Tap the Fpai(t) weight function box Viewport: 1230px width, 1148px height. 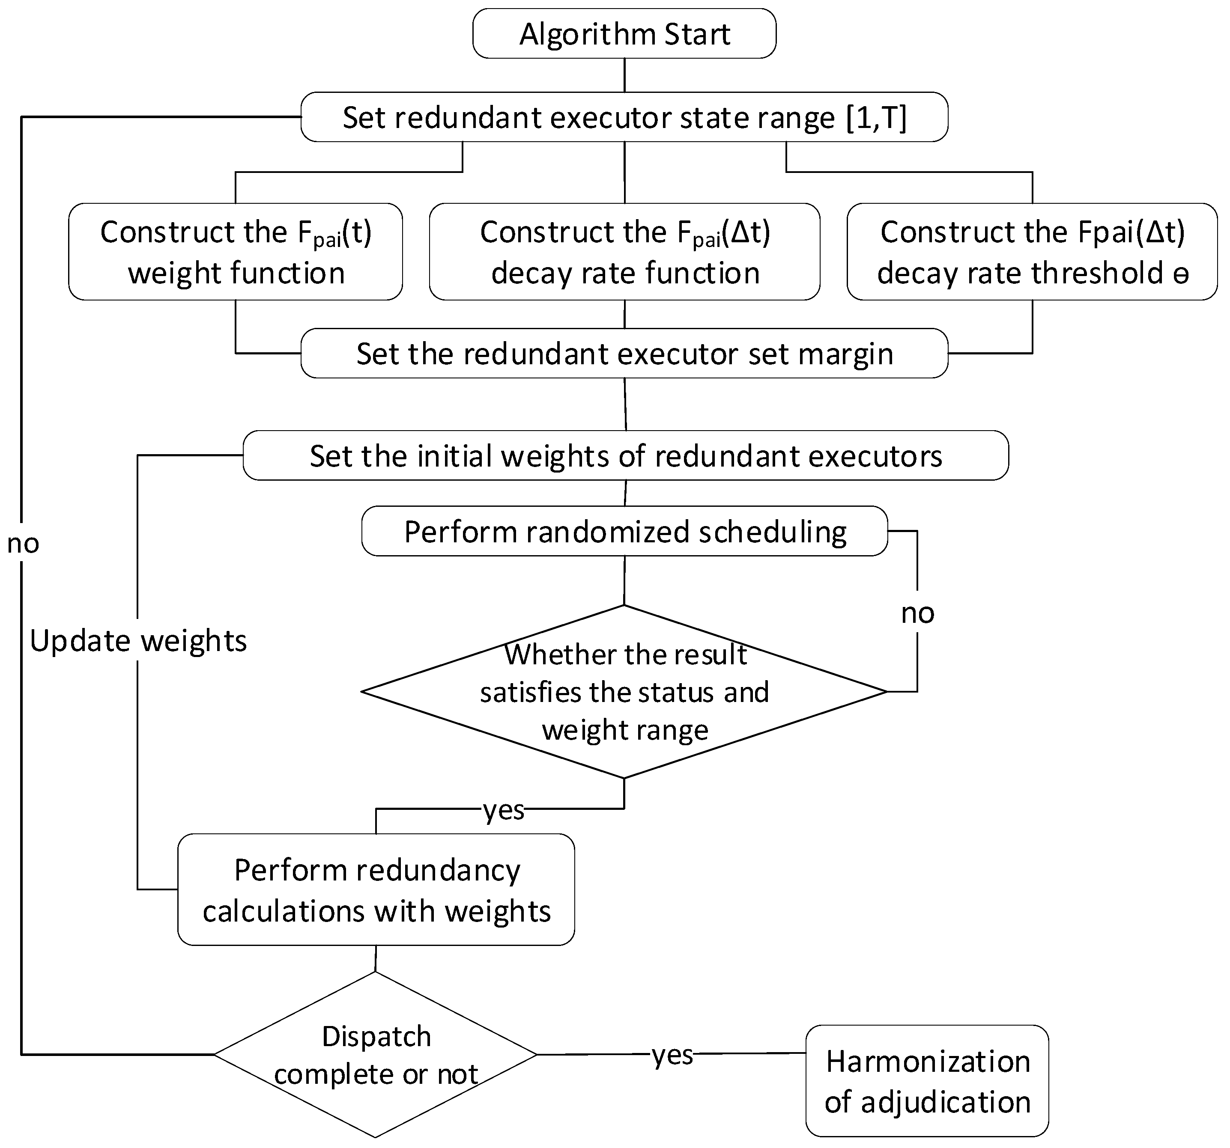[235, 252]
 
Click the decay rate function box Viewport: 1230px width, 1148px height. [624, 252]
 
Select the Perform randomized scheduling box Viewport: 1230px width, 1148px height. [624, 531]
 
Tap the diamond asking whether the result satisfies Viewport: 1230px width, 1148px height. [624, 692]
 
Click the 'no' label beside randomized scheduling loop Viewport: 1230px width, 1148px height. [917, 613]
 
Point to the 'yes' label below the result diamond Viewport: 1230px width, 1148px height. [504, 810]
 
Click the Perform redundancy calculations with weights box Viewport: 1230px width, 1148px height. [376, 889]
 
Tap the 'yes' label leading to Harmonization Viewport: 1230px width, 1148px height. [672, 1055]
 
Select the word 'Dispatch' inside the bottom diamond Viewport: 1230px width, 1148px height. [376, 1037]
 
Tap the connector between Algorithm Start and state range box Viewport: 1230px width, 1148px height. [624, 75]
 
